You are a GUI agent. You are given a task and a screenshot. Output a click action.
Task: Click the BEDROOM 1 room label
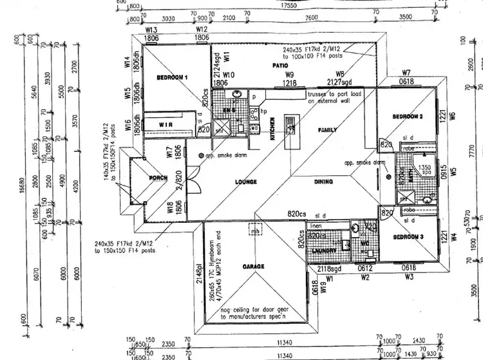(172, 77)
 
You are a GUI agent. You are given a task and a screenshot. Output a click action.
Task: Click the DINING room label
(323, 182)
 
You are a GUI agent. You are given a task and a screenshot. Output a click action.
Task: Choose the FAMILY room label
(327, 130)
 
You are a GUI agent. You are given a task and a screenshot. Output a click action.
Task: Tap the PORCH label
(158, 178)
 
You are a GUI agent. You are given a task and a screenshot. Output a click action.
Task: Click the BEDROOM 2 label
(407, 117)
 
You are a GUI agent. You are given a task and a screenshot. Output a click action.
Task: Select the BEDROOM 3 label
(407, 238)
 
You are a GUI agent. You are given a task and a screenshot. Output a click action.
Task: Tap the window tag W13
(152, 30)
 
